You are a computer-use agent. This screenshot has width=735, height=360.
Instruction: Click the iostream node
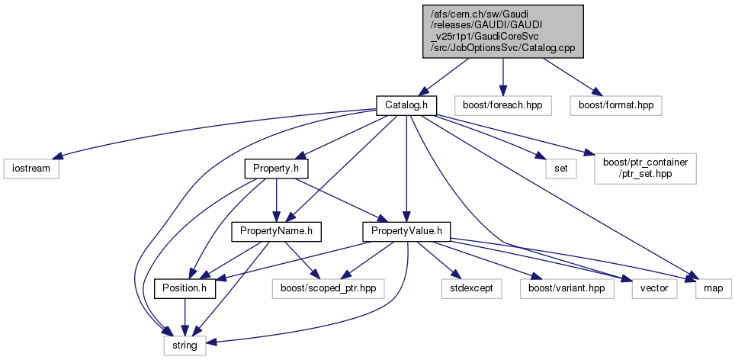click(x=30, y=167)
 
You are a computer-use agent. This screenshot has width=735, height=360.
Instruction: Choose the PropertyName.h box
click(x=276, y=230)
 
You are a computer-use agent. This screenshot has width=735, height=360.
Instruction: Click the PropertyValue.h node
click(x=406, y=230)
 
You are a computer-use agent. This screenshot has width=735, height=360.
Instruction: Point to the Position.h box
click(x=185, y=289)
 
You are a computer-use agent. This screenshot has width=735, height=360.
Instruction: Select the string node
click(x=185, y=346)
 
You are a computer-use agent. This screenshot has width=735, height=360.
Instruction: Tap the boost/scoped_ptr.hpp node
click(x=329, y=289)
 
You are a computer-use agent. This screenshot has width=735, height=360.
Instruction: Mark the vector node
click(x=654, y=289)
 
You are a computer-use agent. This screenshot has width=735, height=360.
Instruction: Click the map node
click(x=713, y=289)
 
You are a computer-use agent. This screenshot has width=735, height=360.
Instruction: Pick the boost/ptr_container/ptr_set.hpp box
click(x=645, y=167)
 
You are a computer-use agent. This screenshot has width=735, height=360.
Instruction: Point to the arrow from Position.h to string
click(x=185, y=317)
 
